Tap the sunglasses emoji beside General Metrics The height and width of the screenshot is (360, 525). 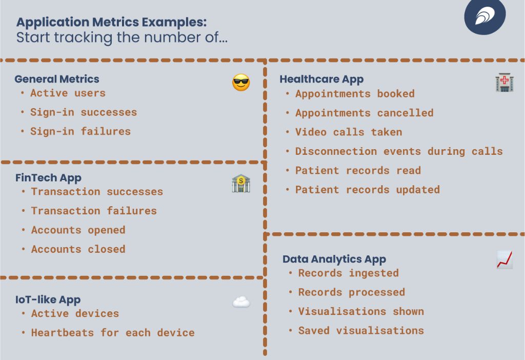click(x=241, y=83)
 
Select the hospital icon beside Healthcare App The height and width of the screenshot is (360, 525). click(x=504, y=83)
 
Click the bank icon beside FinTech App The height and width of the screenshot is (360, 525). click(x=240, y=184)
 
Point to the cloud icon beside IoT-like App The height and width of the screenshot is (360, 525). click(x=241, y=302)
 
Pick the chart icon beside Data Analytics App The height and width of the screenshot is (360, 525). click(x=504, y=259)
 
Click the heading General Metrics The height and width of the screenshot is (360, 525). click(x=57, y=79)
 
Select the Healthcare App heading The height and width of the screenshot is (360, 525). click(x=321, y=79)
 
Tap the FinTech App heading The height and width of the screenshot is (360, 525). click(x=48, y=178)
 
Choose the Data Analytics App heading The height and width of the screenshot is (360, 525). click(x=334, y=259)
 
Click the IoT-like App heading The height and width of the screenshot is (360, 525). click(x=48, y=300)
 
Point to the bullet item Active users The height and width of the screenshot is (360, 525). click(x=68, y=93)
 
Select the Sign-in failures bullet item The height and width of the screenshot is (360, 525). click(x=80, y=131)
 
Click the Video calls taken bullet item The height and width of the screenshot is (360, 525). click(x=349, y=132)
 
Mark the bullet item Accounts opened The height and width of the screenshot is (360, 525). click(x=78, y=230)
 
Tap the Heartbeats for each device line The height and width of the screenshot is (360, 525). click(x=113, y=333)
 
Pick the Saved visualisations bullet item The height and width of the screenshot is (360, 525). click(x=361, y=331)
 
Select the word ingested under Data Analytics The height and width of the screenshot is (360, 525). click(x=374, y=273)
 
